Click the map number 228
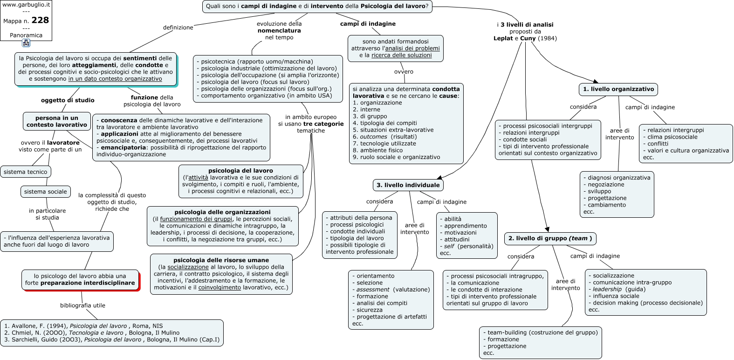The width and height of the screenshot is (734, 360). [40, 21]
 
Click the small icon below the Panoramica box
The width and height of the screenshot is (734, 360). [26, 43]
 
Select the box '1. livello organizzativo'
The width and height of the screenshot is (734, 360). [618, 89]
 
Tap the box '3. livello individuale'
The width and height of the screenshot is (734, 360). [408, 185]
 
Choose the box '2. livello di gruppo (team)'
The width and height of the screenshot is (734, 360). [550, 238]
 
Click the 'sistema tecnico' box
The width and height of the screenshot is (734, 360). [26, 172]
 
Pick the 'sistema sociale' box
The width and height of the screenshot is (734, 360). [46, 192]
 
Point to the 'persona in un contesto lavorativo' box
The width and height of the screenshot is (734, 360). [57, 121]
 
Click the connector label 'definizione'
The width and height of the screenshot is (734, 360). [178, 28]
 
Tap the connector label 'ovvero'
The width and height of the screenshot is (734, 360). [404, 71]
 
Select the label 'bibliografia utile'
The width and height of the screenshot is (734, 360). [82, 305]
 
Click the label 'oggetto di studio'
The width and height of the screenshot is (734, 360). [68, 100]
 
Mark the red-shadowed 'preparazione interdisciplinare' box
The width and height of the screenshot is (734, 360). [80, 280]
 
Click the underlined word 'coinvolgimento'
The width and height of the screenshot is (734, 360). [220, 288]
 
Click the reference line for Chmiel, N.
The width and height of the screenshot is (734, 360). [92, 333]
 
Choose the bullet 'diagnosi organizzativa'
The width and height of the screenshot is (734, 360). [617, 178]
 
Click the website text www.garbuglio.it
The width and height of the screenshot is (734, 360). [26, 5]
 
